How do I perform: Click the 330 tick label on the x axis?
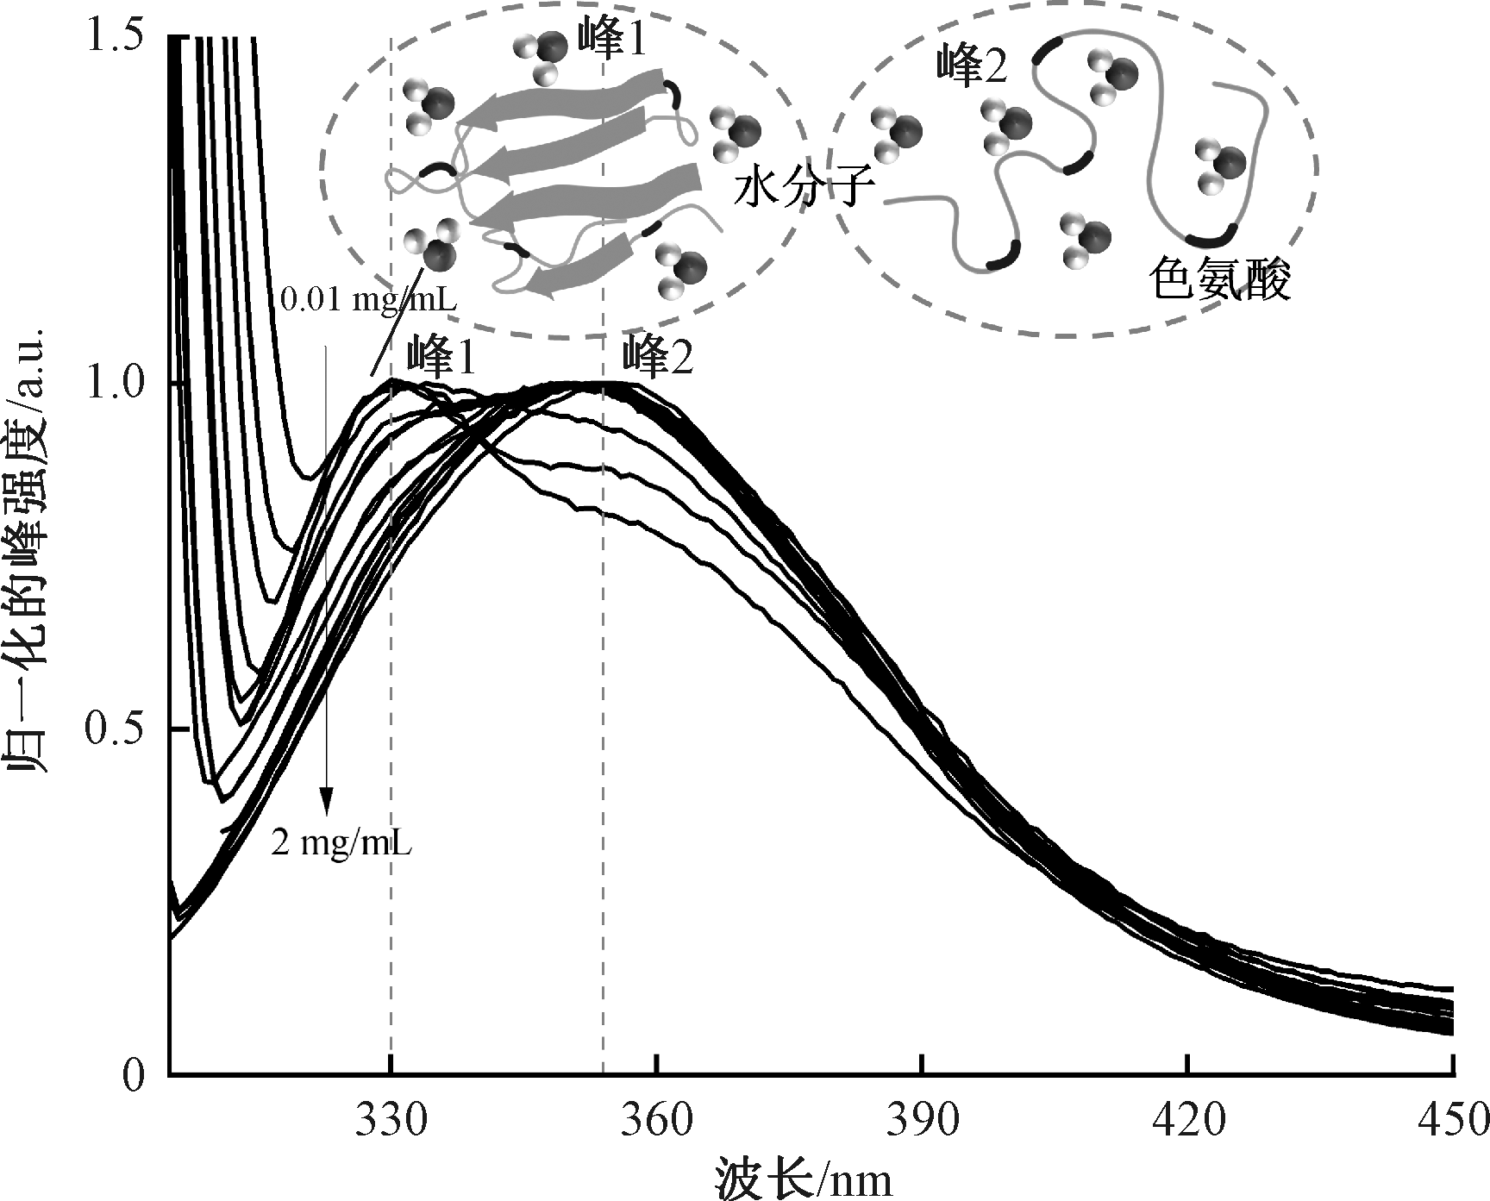pos(391,1121)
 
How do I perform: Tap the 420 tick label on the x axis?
pos(1187,1121)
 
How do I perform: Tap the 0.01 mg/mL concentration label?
pos(368,300)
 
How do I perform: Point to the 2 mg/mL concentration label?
pos(341,842)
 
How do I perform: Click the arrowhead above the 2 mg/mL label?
pos(326,802)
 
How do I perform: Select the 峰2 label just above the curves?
pos(660,356)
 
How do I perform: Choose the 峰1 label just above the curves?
pos(441,356)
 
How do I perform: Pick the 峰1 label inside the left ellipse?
pos(611,41)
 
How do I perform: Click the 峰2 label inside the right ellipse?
pos(972,66)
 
